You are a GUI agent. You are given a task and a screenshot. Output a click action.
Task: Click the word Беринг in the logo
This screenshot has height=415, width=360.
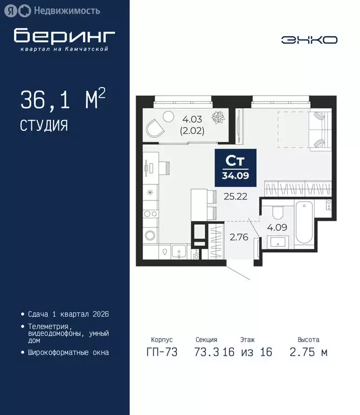click(64, 35)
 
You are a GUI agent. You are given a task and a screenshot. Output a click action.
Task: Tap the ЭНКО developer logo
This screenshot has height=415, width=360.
click(309, 40)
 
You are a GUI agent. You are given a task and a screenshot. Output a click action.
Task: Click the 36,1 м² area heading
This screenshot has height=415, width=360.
click(62, 101)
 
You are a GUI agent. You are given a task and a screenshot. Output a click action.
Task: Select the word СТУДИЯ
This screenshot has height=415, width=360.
click(44, 125)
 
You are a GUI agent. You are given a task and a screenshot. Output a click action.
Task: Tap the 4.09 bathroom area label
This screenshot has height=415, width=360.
click(277, 227)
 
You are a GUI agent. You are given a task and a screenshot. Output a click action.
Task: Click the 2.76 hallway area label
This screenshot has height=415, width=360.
click(238, 236)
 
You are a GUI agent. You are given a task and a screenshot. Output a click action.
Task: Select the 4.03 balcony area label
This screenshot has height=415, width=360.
click(192, 120)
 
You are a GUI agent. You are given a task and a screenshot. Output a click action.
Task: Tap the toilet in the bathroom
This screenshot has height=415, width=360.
click(277, 211)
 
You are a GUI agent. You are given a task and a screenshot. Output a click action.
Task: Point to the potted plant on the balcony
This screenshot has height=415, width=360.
click(219, 117)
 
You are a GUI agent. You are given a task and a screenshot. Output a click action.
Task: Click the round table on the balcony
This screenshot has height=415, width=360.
click(169, 115)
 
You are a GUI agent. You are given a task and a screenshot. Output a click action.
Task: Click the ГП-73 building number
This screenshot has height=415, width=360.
click(162, 352)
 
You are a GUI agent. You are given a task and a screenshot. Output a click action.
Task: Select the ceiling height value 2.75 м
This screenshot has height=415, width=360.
click(309, 352)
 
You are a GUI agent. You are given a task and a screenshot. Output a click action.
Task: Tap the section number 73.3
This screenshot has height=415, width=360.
click(206, 352)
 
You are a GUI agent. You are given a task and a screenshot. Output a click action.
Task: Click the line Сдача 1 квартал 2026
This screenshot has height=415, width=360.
click(68, 314)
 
